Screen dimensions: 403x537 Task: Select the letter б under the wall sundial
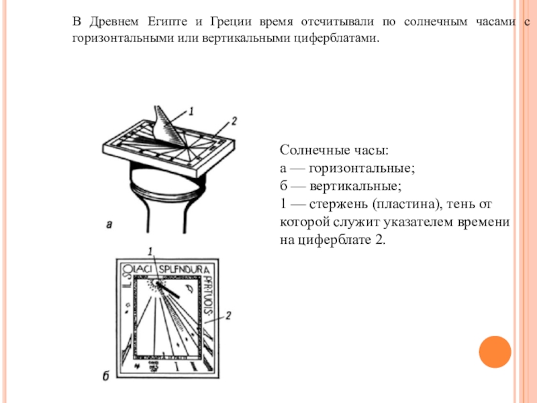(105, 376)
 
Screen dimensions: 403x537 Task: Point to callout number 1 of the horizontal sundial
(191, 110)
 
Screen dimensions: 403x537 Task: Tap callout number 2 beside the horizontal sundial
(233, 122)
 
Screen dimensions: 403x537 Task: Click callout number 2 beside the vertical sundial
(230, 315)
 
